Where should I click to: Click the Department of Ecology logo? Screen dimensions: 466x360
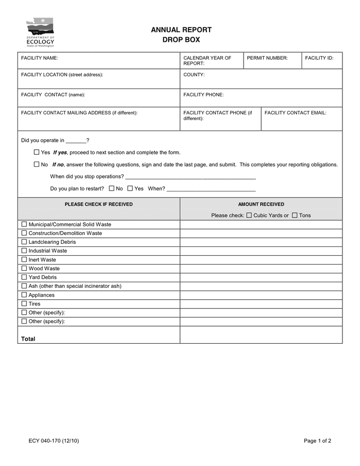[40, 32]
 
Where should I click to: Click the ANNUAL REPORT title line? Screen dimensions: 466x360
[181, 30]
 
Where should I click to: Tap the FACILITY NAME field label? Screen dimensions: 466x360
[39, 58]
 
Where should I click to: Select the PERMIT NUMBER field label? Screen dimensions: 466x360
[267, 58]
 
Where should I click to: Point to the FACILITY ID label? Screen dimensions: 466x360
[319, 58]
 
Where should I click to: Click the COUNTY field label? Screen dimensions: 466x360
[194, 75]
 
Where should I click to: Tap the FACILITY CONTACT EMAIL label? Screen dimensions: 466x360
[295, 112]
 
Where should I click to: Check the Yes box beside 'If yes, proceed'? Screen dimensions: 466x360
[36, 152]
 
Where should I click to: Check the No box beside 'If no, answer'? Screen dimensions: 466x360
[36, 165]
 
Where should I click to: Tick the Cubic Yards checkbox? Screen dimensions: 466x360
[249, 215]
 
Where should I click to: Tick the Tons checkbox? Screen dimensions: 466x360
[294, 215]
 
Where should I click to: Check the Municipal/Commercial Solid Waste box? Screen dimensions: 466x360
[24, 224]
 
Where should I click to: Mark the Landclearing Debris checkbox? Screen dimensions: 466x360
[24, 242]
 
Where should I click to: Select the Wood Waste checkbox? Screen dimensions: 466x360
[24, 268]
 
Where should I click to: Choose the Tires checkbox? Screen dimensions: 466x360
[24, 303]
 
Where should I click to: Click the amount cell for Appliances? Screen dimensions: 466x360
[261, 295]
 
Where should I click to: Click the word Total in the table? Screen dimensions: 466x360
[28, 339]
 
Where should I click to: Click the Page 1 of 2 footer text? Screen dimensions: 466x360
[317, 441]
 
